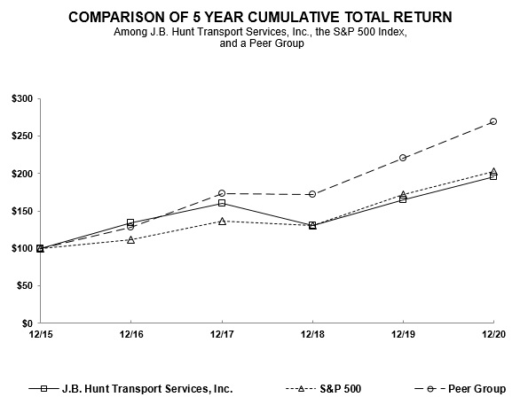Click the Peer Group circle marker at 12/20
493,121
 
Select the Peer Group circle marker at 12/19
403,158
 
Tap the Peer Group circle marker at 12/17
222,193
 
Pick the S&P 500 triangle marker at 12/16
131,239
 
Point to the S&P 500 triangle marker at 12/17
222,221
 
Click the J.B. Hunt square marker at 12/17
222,203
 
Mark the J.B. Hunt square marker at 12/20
493,176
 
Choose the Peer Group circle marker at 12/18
312,194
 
